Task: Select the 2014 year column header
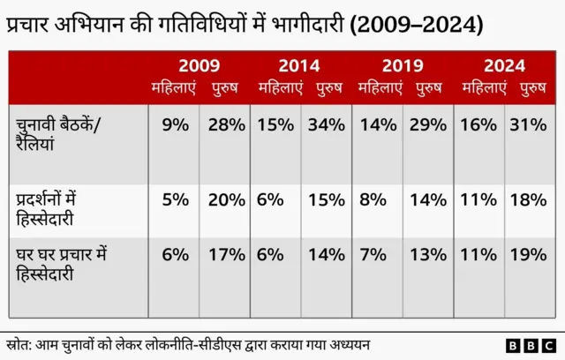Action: (x=299, y=66)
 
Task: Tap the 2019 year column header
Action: (x=403, y=66)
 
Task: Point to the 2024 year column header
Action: (x=504, y=66)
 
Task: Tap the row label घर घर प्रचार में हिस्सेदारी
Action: (x=62, y=264)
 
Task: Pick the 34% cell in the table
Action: (x=327, y=124)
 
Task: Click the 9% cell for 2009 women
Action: (x=175, y=124)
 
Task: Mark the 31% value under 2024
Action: (x=528, y=124)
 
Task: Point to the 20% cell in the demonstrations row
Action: (x=226, y=199)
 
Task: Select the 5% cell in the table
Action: (x=175, y=199)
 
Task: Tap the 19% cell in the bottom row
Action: (x=528, y=255)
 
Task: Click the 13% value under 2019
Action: (x=427, y=255)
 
